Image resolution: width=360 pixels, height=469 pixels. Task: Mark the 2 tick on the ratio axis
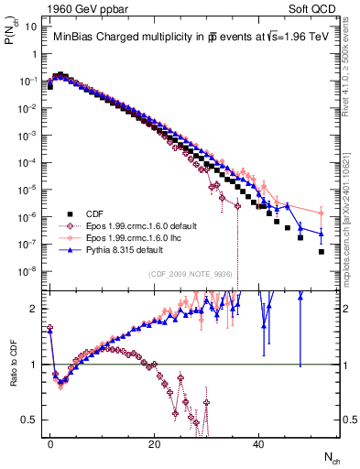[x=35, y=308]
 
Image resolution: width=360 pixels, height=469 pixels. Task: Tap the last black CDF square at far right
[x=322, y=251]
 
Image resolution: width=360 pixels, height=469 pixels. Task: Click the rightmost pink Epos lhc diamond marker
[x=322, y=213]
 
